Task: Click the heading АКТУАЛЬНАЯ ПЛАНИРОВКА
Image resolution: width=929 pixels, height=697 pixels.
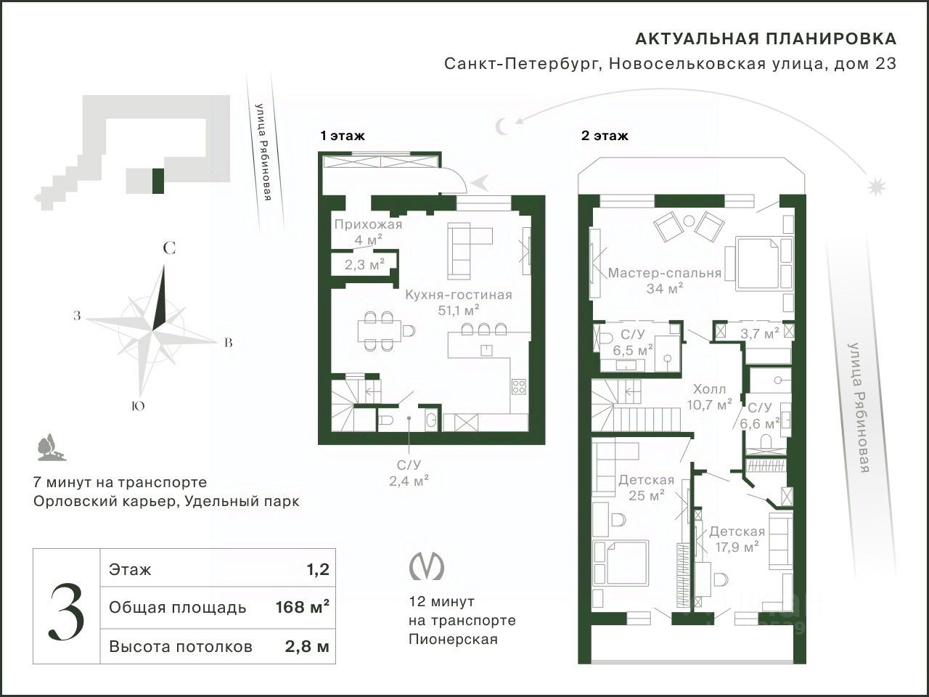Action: click(x=766, y=39)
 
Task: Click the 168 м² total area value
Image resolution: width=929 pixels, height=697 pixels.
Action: click(x=302, y=607)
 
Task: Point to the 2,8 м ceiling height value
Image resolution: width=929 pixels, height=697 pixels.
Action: click(x=307, y=647)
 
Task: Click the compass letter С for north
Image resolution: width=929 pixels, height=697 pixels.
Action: click(x=169, y=248)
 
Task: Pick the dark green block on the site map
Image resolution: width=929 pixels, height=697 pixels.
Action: click(x=158, y=181)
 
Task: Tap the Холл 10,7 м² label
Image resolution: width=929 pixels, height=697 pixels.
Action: click(x=709, y=397)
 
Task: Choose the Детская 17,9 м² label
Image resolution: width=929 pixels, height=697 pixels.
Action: click(x=737, y=539)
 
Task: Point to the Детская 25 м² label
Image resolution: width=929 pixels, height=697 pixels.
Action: click(x=646, y=487)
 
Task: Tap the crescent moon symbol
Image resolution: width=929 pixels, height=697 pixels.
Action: click(x=502, y=126)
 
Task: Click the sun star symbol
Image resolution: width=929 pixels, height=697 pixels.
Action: click(x=877, y=186)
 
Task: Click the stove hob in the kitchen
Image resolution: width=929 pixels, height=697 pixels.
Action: click(x=519, y=386)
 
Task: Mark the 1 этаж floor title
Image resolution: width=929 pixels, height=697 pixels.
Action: click(x=343, y=136)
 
